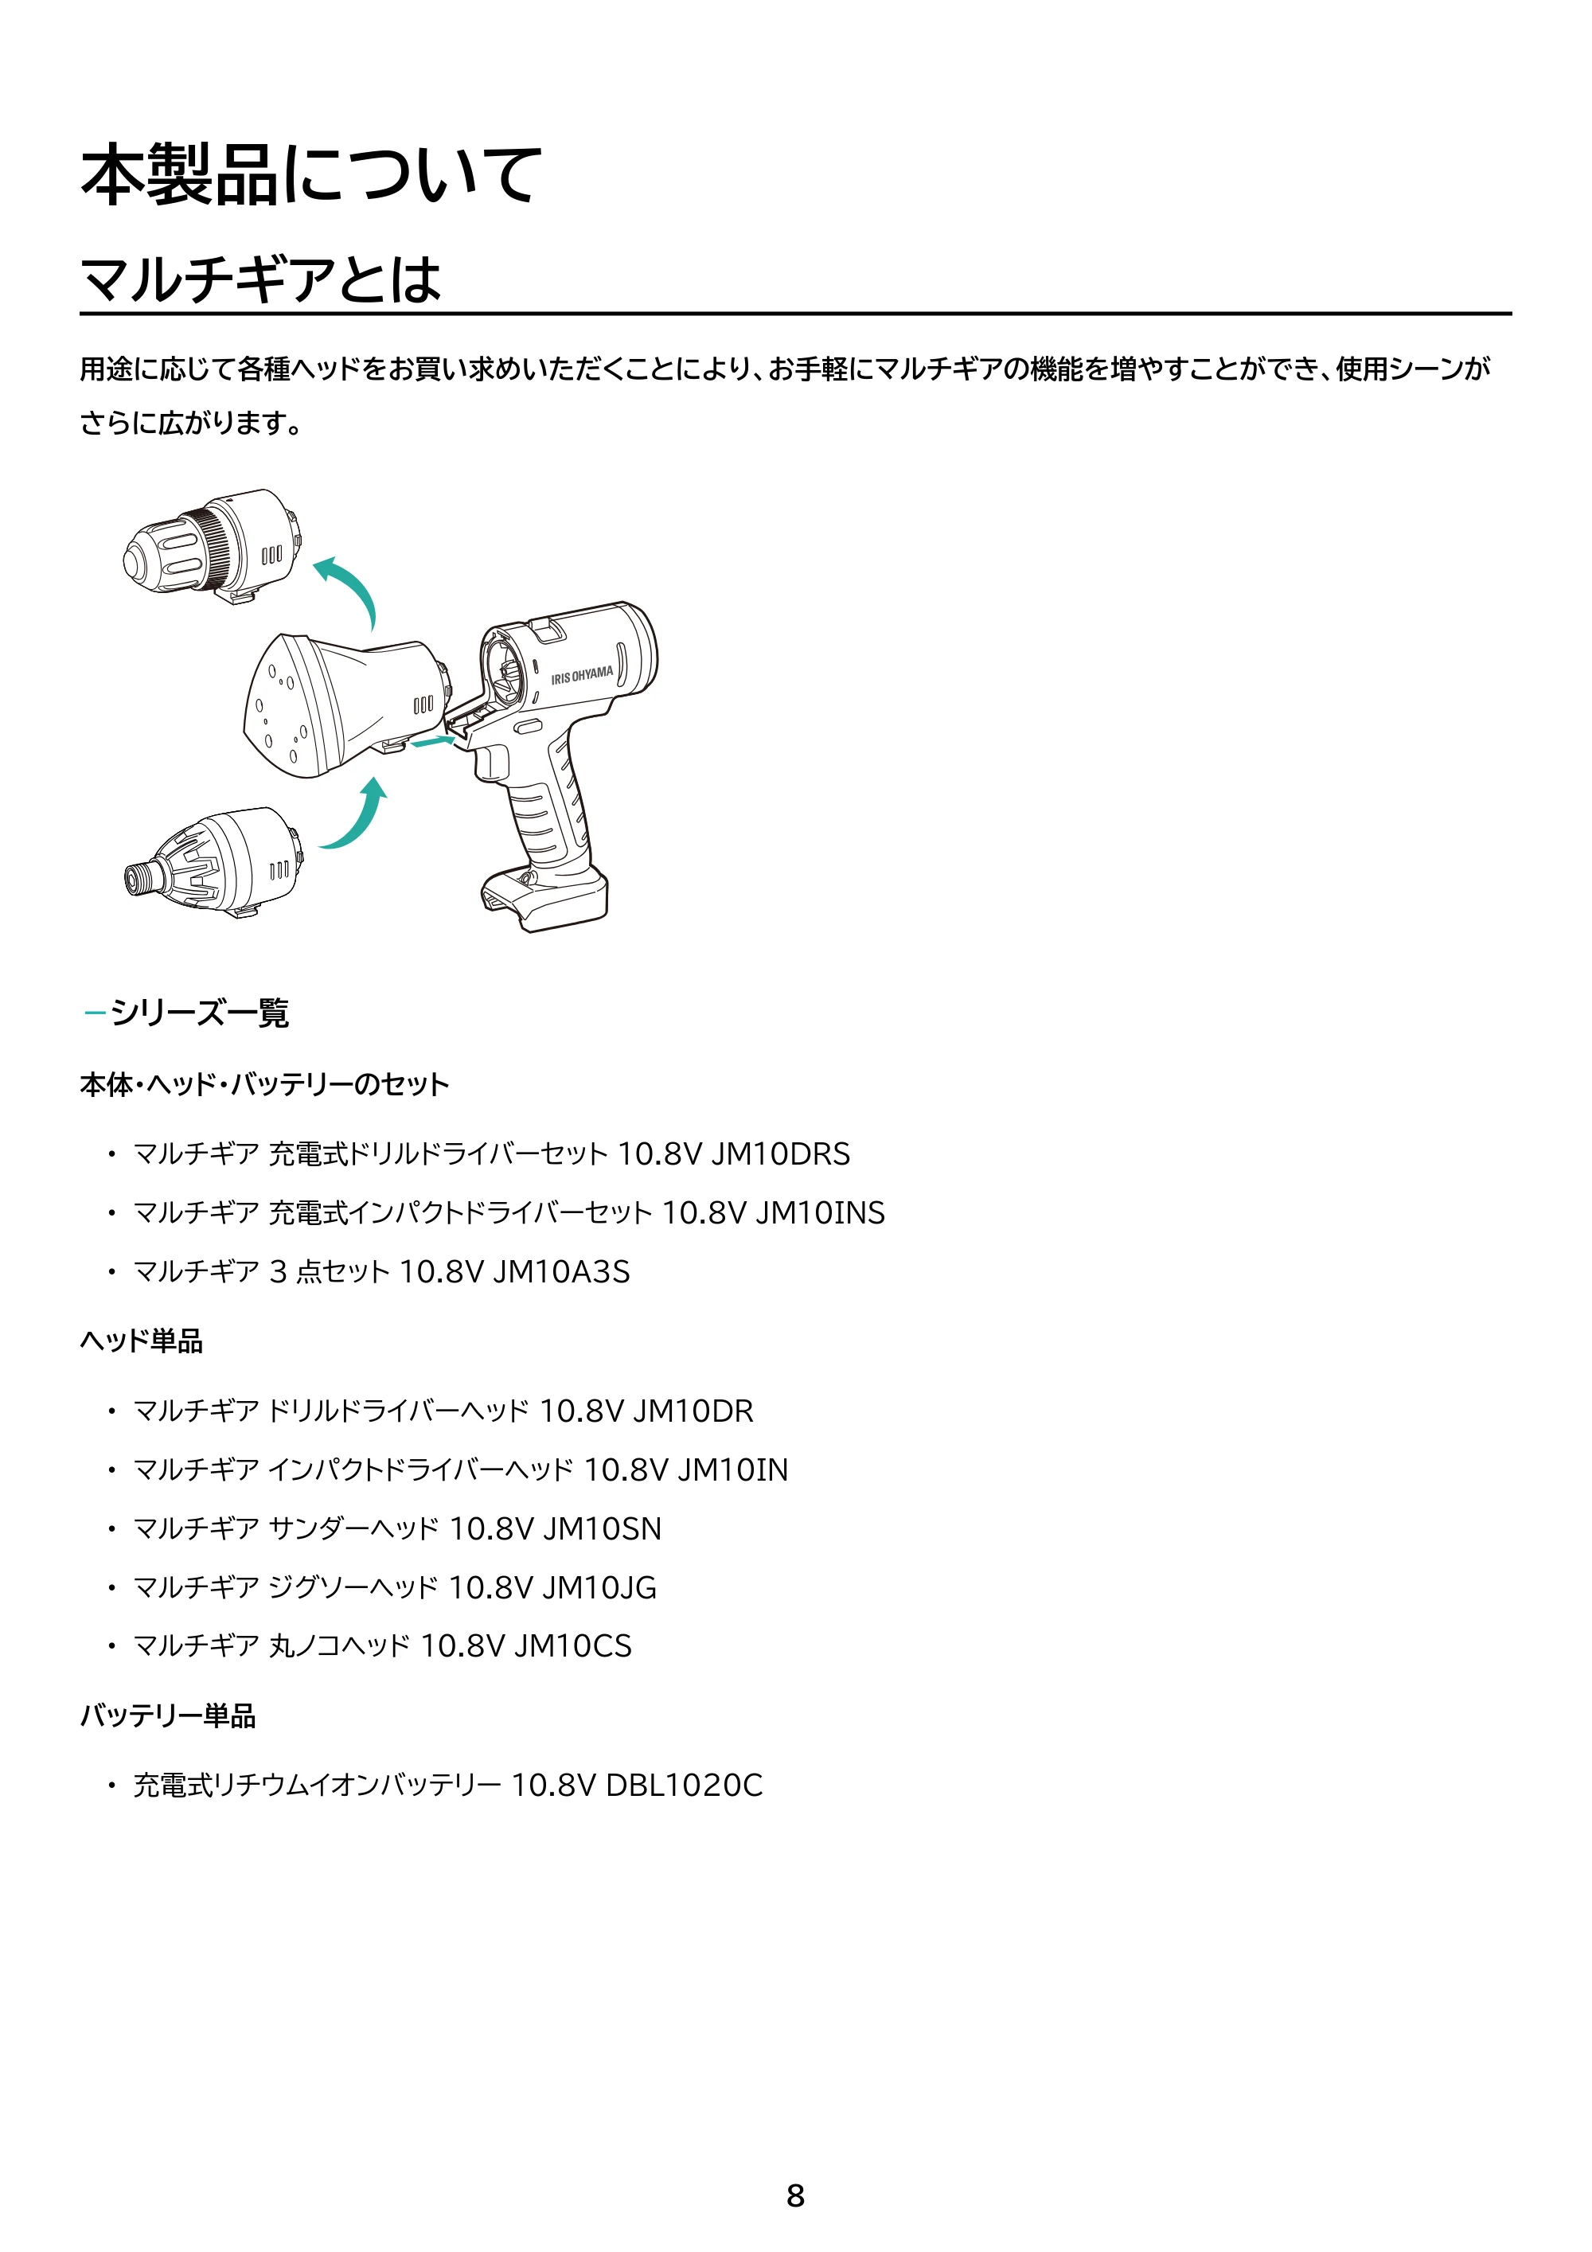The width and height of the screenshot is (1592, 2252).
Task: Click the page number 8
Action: pyautogui.click(x=795, y=2195)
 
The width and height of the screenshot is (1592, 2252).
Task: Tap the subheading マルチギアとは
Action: pyautogui.click(x=261, y=279)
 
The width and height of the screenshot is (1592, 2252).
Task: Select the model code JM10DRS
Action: pyautogui.click(x=781, y=1153)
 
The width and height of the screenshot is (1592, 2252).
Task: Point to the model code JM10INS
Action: pyautogui.click(x=820, y=1212)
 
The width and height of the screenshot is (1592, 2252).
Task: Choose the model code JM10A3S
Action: pyautogui.click(x=561, y=1272)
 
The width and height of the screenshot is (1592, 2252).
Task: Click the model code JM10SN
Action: pyautogui.click(x=603, y=1529)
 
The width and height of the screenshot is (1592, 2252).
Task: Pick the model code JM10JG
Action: pyautogui.click(x=599, y=1588)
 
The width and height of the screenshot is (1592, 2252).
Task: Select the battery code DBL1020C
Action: pyautogui.click(x=685, y=1785)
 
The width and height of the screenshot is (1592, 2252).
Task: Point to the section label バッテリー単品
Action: pyautogui.click(x=168, y=1715)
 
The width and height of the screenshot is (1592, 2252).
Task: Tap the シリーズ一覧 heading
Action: pyautogui.click(x=199, y=1013)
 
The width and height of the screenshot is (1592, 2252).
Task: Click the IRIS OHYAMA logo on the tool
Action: pyautogui.click(x=582, y=675)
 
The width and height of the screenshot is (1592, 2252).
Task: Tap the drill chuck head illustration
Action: pyautogui.click(x=212, y=545)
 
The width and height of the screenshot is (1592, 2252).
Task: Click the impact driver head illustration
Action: pyautogui.click(x=214, y=863)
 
